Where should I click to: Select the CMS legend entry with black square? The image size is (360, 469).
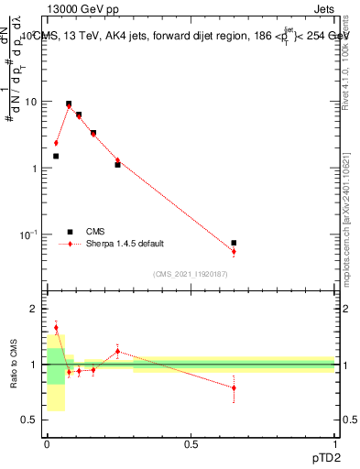click(x=69, y=232)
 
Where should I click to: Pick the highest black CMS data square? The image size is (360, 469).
click(x=69, y=104)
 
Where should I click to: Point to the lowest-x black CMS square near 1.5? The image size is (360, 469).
click(x=56, y=156)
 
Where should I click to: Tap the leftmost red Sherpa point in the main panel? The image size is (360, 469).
click(x=56, y=143)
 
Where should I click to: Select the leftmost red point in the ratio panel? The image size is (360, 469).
click(x=56, y=328)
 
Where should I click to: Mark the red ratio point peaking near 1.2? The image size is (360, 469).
click(x=117, y=351)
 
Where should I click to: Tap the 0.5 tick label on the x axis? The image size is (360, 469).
click(x=191, y=442)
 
